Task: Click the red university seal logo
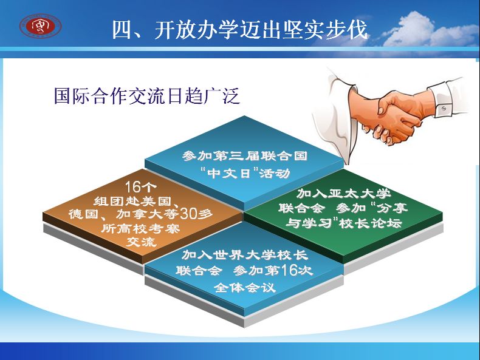(x=41, y=26)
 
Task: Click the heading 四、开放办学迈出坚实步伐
(x=239, y=30)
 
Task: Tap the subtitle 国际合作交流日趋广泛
(x=147, y=96)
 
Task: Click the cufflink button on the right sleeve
(x=444, y=108)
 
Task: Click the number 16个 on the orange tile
(x=140, y=187)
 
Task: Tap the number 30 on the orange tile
(x=189, y=214)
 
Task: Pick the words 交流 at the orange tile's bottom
(x=142, y=242)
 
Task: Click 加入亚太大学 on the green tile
(x=344, y=193)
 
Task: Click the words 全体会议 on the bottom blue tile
(x=244, y=288)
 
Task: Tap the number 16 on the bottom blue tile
(x=289, y=270)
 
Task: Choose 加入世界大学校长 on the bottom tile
(x=245, y=254)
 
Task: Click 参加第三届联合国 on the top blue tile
(x=245, y=156)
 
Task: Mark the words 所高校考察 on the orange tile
(x=140, y=228)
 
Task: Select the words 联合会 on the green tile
(x=301, y=208)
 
